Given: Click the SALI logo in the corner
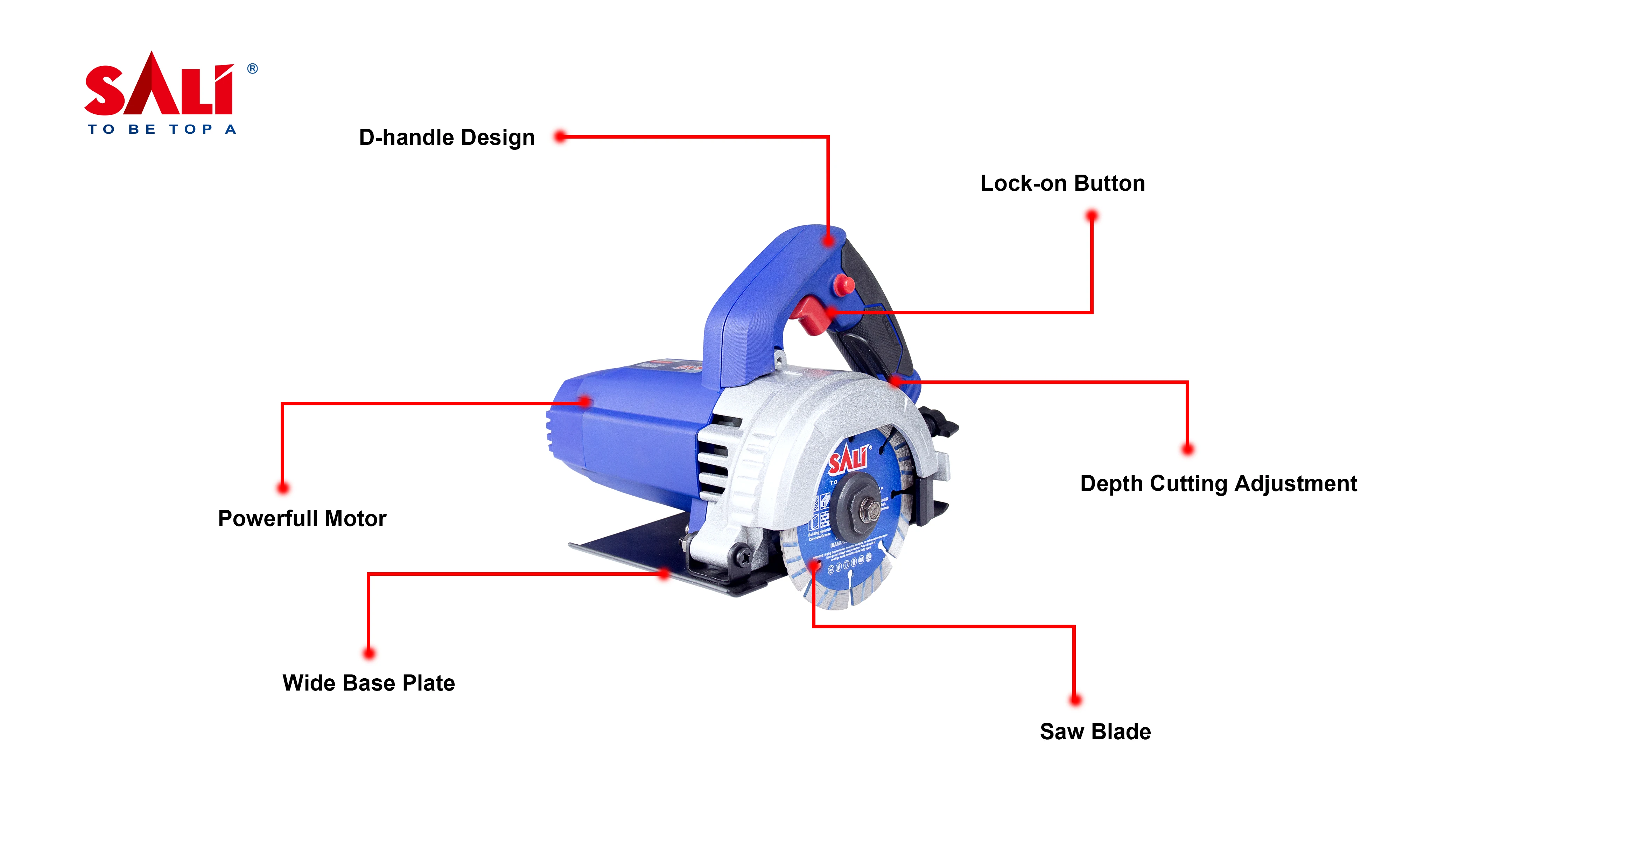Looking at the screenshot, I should click(x=159, y=86).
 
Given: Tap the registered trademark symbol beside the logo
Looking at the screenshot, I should click(x=252, y=68).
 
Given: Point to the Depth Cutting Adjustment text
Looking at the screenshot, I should click(x=1218, y=484).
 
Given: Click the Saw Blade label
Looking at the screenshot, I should click(x=1095, y=731).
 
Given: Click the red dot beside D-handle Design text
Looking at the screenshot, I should click(x=560, y=136).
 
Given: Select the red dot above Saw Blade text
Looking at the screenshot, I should click(x=1075, y=700).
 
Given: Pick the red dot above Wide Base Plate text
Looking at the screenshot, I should click(x=369, y=653).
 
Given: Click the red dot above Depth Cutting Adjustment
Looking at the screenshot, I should click(x=1187, y=449).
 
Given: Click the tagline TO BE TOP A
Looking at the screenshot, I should click(x=162, y=129).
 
